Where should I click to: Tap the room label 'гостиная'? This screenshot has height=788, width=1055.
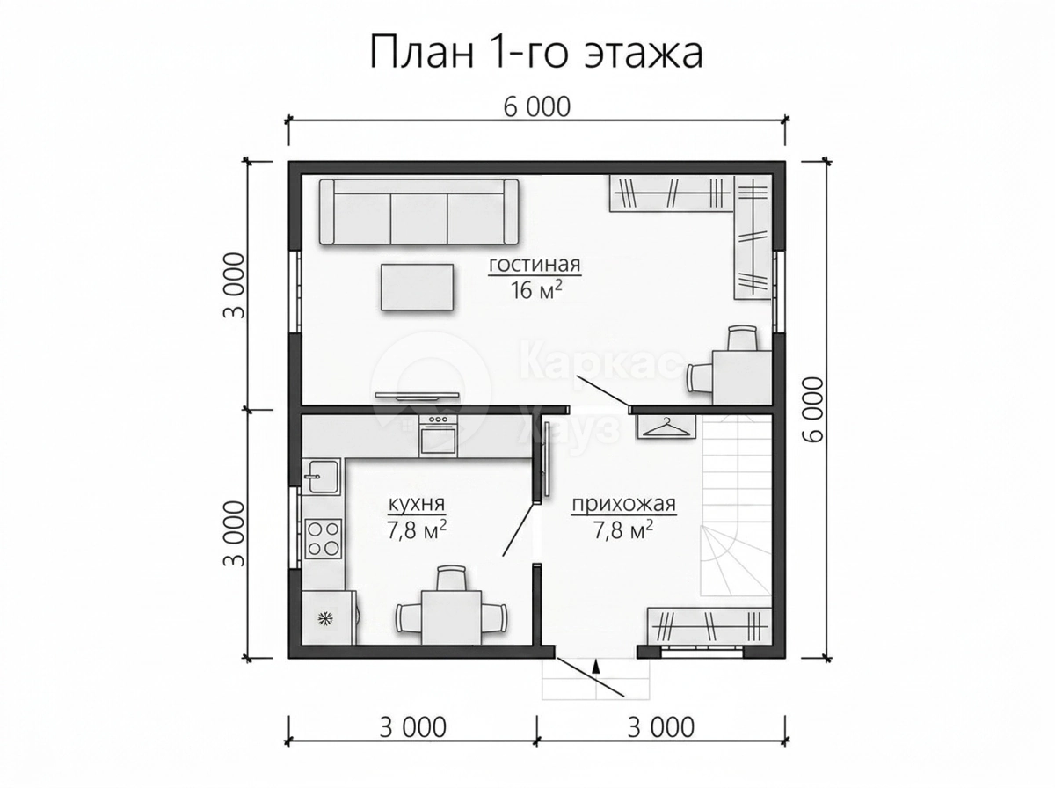[535, 264]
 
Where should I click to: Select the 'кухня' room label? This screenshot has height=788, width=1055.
[416, 504]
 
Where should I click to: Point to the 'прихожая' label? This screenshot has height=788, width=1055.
[623, 504]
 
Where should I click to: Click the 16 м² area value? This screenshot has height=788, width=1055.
[535, 291]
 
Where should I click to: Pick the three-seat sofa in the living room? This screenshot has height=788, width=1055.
[418, 212]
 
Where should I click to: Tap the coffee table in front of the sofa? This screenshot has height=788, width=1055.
[418, 287]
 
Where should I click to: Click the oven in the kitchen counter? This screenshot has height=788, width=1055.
[438, 434]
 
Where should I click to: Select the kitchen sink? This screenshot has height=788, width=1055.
[322, 476]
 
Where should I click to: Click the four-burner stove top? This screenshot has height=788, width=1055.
[323, 538]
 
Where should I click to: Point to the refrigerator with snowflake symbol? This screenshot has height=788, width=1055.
[329, 617]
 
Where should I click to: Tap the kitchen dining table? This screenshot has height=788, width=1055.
[451, 617]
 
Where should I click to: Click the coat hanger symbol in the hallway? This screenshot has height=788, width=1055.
[666, 426]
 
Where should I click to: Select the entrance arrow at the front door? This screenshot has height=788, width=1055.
[596, 666]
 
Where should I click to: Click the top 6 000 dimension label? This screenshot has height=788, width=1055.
[537, 107]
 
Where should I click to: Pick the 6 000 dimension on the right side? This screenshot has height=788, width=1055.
[812, 409]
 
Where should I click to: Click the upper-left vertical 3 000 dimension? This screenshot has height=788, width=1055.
[234, 286]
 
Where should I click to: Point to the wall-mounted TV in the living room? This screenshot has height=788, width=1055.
[418, 395]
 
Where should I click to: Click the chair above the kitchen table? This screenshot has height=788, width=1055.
[452, 579]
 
